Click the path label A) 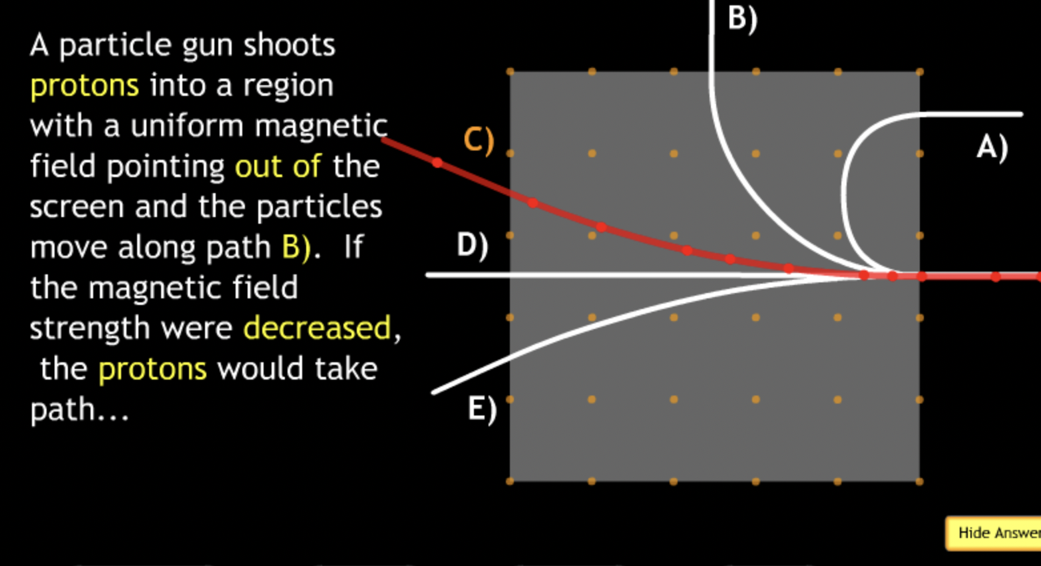[992, 146]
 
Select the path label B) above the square [742, 18]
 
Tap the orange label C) [479, 141]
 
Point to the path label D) [472, 245]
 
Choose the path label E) [482, 408]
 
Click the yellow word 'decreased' [317, 328]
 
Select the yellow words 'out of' [278, 166]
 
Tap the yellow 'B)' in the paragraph [296, 247]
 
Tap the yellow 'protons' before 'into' [85, 86]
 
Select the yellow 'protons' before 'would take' [152, 369]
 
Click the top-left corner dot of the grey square [511, 71]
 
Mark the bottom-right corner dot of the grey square [919, 481]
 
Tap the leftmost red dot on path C [437, 162]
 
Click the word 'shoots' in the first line [289, 45]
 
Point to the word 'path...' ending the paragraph [79, 410]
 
